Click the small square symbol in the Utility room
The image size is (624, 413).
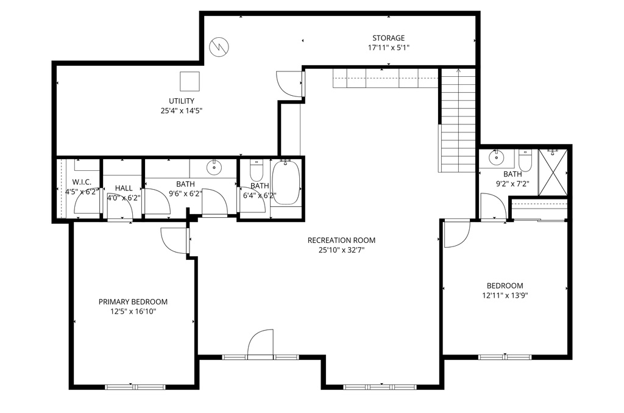point(190,81)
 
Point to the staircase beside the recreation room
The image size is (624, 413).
point(457,121)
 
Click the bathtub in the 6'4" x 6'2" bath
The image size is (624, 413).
point(285,182)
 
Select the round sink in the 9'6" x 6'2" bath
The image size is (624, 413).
point(214,167)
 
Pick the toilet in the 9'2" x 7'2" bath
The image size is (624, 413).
point(525,160)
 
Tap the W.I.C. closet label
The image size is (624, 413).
point(82,182)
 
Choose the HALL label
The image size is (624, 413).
point(124,188)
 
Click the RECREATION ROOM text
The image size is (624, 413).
point(341,240)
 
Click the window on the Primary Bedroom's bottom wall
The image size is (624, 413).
point(135,386)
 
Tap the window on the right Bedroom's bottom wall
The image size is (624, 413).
point(505,357)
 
